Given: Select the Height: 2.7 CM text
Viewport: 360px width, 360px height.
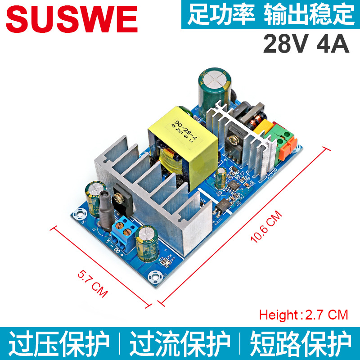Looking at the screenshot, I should tap(304, 315).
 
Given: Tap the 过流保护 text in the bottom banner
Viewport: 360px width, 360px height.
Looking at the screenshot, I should tap(180, 344).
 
